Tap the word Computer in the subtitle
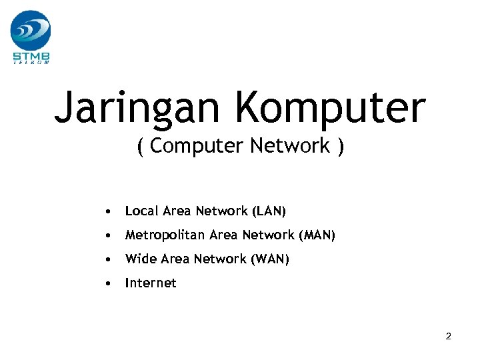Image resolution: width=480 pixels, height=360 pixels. click(198, 146)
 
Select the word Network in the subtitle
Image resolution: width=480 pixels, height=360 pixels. click(291, 146)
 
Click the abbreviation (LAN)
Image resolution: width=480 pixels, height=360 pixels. click(269, 211)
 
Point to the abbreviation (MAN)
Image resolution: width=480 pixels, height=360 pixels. click(317, 235)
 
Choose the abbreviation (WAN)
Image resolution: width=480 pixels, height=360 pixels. click(271, 259)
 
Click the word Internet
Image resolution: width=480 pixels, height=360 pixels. click(151, 283)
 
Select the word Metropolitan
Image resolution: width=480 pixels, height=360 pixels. click(165, 235)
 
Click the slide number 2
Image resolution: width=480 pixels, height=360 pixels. click(449, 337)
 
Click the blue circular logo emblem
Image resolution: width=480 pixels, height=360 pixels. click(31, 30)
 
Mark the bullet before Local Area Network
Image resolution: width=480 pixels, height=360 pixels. click(107, 212)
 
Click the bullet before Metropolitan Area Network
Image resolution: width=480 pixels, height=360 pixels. click(107, 236)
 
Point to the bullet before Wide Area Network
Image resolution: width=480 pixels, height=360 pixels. click(107, 260)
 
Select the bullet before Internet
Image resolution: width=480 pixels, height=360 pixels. click(107, 284)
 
